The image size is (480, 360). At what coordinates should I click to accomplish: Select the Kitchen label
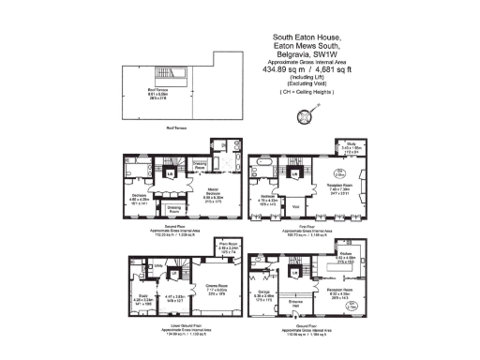344,254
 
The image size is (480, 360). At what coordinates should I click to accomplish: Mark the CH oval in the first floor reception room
340,172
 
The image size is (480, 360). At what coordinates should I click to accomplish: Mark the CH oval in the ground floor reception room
352,303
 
